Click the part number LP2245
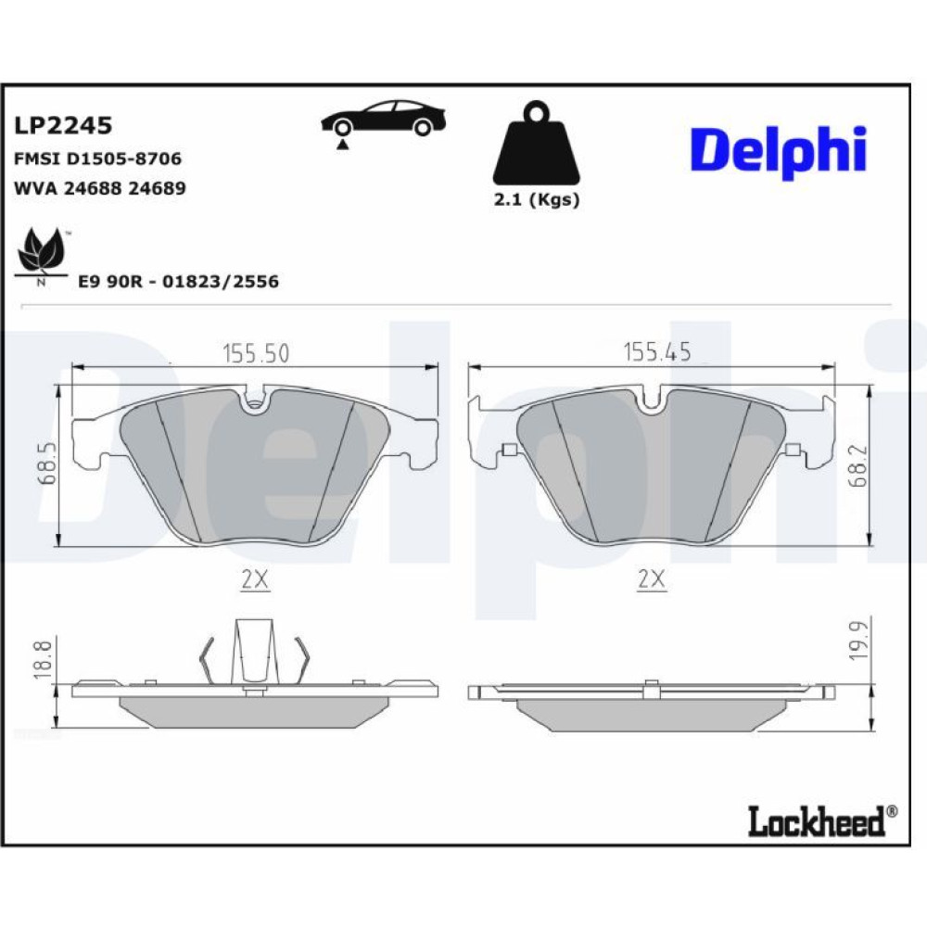(63, 125)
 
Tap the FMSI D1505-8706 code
(97, 159)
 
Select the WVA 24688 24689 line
(99, 188)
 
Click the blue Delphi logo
(778, 151)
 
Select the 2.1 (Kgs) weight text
(537, 200)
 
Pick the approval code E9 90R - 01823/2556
(179, 282)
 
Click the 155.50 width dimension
(256, 353)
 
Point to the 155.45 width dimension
(657, 351)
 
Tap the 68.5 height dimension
(47, 464)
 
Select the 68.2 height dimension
(857, 466)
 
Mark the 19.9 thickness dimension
(857, 641)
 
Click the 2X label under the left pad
(255, 580)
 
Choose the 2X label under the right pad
(652, 579)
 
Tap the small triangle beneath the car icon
(341, 145)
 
